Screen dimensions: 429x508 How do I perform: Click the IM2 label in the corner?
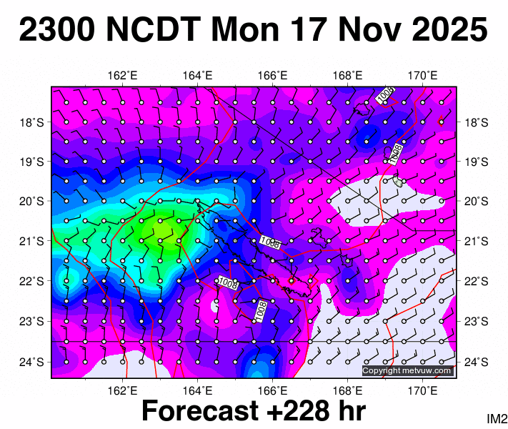(x=497, y=418)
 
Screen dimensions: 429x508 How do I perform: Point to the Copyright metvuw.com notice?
(x=407, y=370)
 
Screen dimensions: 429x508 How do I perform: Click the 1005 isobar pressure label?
(x=385, y=94)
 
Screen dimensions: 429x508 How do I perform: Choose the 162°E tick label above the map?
(x=123, y=75)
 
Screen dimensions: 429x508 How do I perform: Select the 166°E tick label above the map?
(x=273, y=75)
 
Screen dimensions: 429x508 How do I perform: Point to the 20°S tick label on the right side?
(x=477, y=202)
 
